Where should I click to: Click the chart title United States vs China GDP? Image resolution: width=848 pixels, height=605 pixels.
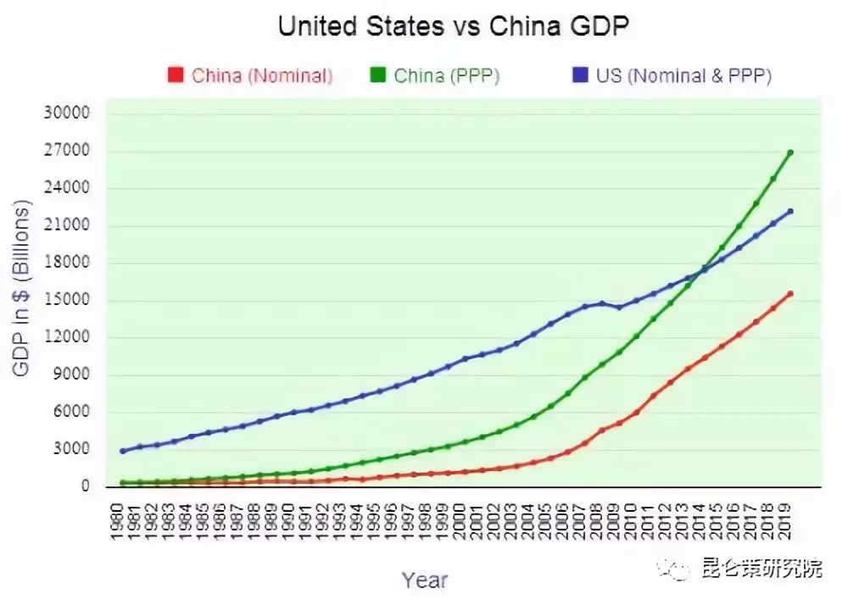[453, 26]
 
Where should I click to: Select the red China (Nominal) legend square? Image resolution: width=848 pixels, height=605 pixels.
[176, 75]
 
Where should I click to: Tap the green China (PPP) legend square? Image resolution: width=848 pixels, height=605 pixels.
[378, 75]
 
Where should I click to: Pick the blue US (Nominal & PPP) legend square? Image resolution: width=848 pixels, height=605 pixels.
[580, 75]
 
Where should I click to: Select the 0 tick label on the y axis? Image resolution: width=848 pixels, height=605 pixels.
[86, 486]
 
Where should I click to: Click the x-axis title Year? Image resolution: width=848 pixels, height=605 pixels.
[425, 580]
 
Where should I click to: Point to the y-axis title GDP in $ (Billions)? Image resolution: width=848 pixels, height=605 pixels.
[21, 288]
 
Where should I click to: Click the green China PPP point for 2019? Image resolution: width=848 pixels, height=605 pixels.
[789, 153]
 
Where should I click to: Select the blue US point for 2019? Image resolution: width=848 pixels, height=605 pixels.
[789, 211]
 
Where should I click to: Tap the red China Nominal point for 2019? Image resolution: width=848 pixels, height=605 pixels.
[789, 294]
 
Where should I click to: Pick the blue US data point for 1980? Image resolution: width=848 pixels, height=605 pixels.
[123, 451]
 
